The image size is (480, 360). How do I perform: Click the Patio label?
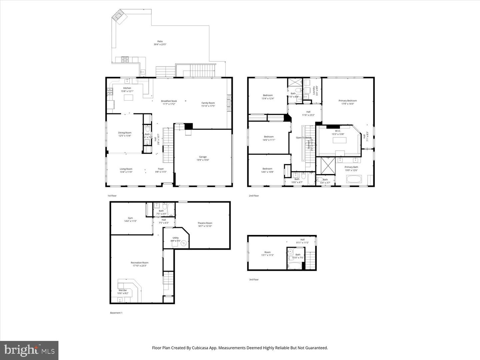pos(160,42)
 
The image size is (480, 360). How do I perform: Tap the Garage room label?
pos(203,157)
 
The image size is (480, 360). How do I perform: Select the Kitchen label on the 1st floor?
pos(127,88)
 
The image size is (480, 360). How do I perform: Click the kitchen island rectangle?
pos(128,98)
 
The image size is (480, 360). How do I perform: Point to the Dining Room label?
pos(125,133)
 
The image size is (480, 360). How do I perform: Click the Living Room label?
pos(126,169)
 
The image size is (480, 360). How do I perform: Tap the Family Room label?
pos(208,103)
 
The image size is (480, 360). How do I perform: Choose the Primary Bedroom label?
pos(348,101)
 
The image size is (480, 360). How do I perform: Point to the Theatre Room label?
pos(205,223)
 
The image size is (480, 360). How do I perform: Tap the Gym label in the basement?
pos(130,218)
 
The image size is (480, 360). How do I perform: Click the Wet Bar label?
pos(123,290)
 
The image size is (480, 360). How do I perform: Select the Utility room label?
pos(175,238)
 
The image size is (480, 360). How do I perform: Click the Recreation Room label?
pos(139,263)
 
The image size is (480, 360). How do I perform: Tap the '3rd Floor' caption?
pos(254,280)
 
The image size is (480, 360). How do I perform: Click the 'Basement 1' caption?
pos(116,313)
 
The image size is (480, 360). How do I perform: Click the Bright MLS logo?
pos(29,350)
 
